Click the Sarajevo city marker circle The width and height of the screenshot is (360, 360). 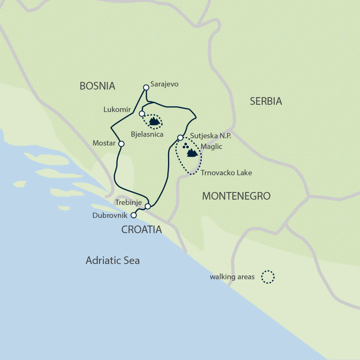point(146,87)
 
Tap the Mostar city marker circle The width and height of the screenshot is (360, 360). point(121,144)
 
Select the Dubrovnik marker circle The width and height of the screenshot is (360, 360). point(133,215)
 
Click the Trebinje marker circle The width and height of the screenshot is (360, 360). point(148,206)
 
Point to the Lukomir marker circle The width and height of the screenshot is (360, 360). point(142,114)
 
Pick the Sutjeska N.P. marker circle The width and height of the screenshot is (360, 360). point(181,138)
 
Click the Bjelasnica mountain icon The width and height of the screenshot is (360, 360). point(154,122)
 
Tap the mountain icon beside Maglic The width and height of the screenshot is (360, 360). point(192,153)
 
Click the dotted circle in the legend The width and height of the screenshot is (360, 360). point(268,277)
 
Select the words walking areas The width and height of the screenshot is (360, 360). point(232,277)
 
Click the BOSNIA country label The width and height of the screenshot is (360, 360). point(97,86)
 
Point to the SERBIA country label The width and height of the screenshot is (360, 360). point(266,101)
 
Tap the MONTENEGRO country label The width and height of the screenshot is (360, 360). point(236,196)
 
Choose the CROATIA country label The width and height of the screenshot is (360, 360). point(141,230)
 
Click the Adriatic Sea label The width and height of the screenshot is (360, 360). point(113,261)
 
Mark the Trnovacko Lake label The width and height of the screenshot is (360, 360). point(226,173)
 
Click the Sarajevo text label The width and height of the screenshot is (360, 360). point(165,84)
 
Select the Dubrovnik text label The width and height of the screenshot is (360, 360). point(111,216)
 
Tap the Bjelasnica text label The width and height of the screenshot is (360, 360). point(147,134)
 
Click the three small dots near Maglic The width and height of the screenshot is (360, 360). point(186,146)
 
